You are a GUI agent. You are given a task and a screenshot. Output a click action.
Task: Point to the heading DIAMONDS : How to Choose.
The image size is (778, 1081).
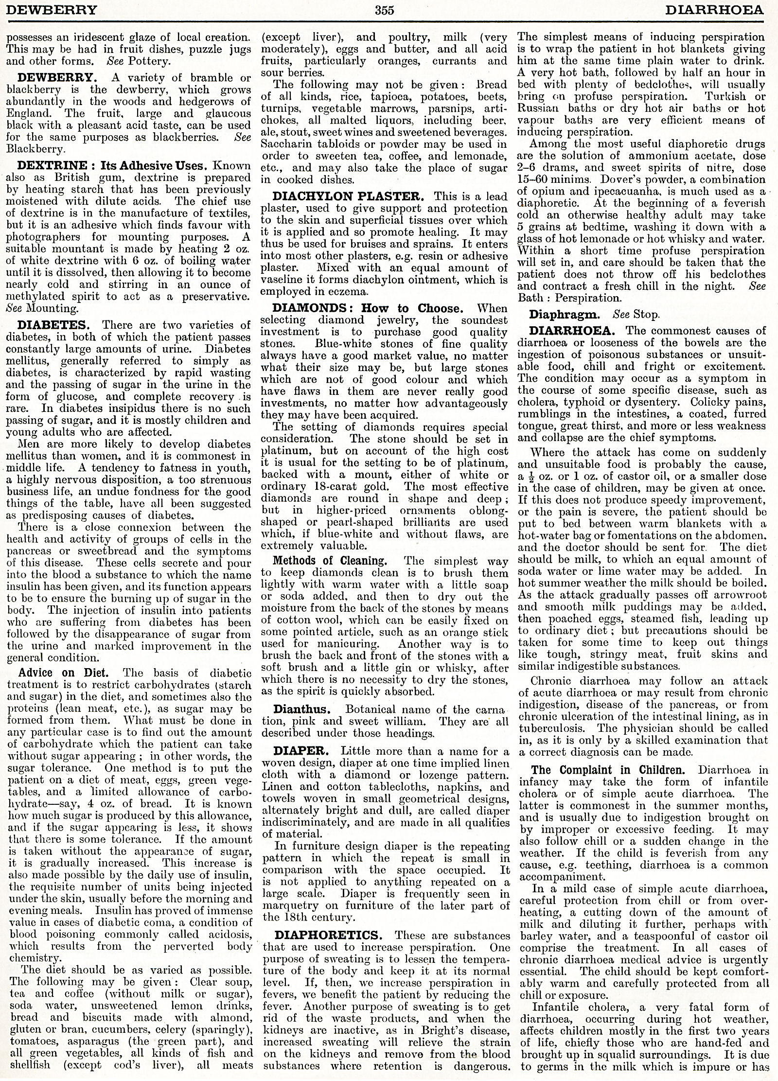366,308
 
